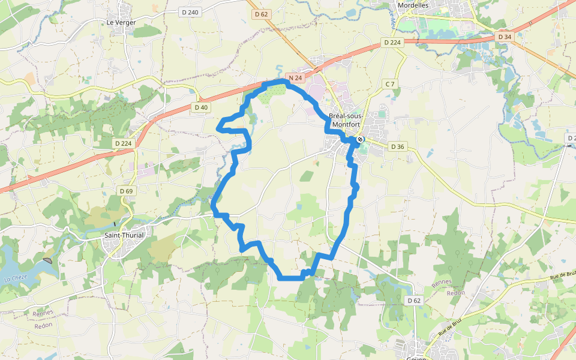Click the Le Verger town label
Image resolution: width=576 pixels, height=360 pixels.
(121, 22)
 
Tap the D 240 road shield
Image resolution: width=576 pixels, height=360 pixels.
(190, 12)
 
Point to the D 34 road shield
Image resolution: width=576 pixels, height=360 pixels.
(505, 37)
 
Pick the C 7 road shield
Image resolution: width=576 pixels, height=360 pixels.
(390, 83)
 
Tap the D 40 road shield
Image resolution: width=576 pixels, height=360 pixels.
(201, 107)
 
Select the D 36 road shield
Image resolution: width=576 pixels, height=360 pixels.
(397, 146)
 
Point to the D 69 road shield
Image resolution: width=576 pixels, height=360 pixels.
(126, 191)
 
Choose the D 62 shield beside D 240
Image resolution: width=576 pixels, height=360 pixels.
(261, 14)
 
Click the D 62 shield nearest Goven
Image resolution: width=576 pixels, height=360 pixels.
(414, 300)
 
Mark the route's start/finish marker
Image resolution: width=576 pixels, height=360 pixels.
(359, 140)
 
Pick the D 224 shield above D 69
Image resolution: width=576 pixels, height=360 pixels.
(123, 143)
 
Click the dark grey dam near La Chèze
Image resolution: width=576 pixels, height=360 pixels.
(47, 260)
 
